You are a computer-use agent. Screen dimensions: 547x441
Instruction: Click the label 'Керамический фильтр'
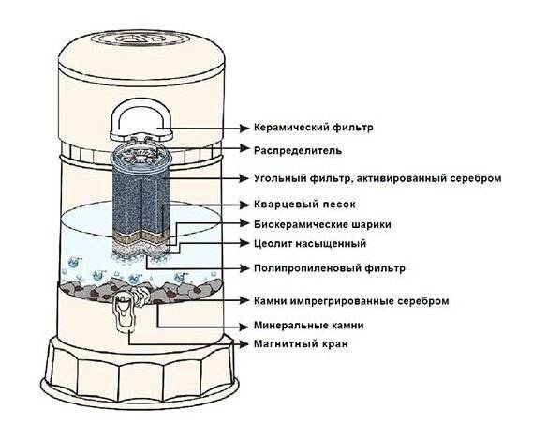point(313,128)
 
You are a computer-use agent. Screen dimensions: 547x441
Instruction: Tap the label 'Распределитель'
point(298,151)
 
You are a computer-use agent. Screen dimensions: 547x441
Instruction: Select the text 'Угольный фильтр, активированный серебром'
point(377,178)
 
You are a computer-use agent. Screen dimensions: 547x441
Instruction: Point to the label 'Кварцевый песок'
point(304,204)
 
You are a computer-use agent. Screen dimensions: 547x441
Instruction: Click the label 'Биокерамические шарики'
point(322,224)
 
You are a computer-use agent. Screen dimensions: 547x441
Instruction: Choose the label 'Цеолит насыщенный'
point(310,243)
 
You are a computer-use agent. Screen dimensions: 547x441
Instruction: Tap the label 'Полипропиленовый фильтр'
point(330,268)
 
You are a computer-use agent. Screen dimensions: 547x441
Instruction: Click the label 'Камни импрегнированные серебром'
point(351,301)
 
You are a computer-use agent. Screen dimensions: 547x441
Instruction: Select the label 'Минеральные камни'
point(309,326)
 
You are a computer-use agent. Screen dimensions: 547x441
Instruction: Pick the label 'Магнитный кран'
point(301,343)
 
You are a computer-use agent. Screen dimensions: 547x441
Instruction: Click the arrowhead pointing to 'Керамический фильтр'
point(245,128)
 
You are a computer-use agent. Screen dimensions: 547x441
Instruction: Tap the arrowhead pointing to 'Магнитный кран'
point(245,343)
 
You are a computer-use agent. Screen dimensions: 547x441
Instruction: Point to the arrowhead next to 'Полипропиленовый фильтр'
point(245,268)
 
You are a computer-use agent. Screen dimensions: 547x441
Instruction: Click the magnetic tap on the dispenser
point(125,312)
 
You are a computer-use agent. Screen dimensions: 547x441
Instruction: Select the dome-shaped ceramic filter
point(140,120)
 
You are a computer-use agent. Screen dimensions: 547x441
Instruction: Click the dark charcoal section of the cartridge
point(140,201)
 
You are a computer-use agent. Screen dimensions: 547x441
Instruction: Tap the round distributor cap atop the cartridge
point(141,155)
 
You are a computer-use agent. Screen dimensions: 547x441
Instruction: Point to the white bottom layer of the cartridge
point(140,249)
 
